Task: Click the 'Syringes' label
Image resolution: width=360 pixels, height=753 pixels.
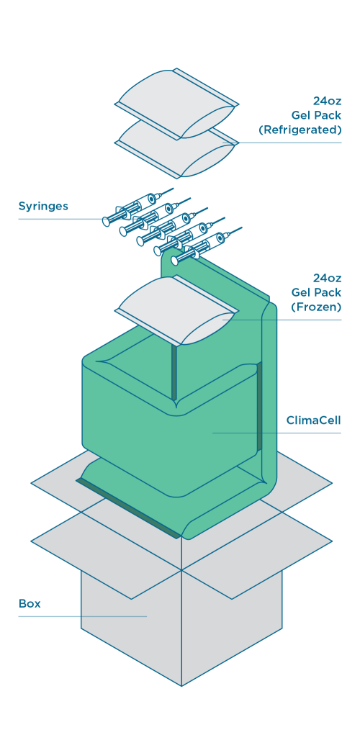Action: pyautogui.click(x=43, y=207)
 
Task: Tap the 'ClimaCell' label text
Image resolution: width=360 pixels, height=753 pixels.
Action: pyautogui.click(x=313, y=420)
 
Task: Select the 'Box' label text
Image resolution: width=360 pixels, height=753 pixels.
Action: pyautogui.click(x=30, y=603)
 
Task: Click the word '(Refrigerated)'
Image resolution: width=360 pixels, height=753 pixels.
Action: pyautogui.click(x=300, y=130)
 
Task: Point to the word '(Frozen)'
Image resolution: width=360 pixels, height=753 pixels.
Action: pyautogui.click(x=316, y=307)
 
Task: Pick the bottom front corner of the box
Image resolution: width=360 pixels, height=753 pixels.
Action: pyautogui.click(x=181, y=685)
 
